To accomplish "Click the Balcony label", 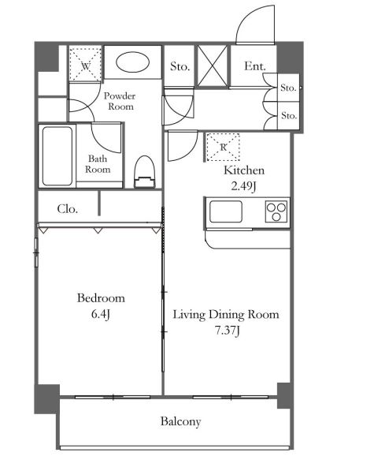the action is click(180, 421).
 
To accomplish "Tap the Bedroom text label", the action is click(101, 298).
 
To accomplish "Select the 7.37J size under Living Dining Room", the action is click(228, 331).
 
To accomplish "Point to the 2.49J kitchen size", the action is click(243, 186).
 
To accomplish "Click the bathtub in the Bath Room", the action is click(57, 156).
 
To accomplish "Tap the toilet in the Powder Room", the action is click(145, 172).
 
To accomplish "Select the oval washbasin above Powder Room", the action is click(132, 62).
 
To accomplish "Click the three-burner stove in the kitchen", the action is click(276, 211).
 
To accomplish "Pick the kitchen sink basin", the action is click(226, 211).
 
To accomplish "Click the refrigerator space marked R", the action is click(223, 148).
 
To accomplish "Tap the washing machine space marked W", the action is click(85, 65).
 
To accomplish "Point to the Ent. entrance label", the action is click(255, 66).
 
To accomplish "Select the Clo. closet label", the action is click(68, 209).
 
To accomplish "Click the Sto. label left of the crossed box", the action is click(180, 66).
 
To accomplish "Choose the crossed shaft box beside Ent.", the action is click(212, 66).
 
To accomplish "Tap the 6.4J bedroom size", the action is click(101, 314).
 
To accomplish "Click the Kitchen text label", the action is click(244, 170).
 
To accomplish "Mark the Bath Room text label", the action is click(98, 164).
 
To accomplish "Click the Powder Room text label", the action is click(120, 101).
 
